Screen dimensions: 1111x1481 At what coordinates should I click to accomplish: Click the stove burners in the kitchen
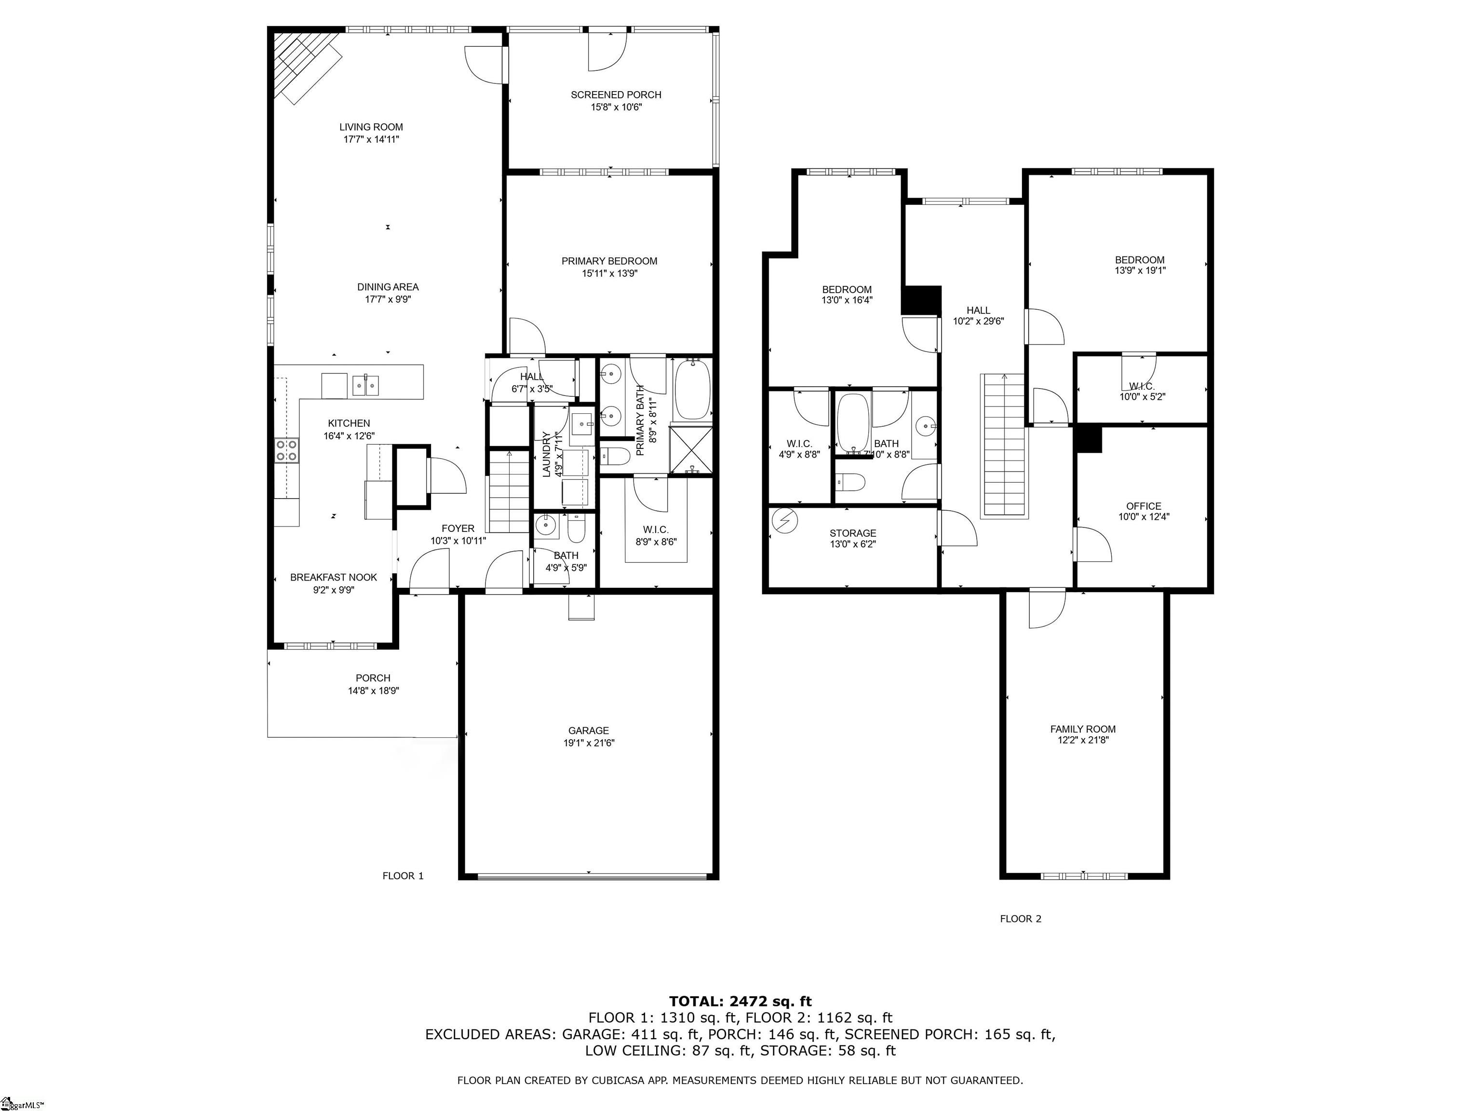pyautogui.click(x=286, y=450)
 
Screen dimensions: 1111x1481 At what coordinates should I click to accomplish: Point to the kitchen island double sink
pyautogui.click(x=365, y=386)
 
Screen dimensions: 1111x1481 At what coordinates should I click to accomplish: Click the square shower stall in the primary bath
pyautogui.click(x=690, y=448)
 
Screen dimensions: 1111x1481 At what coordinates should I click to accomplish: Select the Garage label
pyautogui.click(x=589, y=731)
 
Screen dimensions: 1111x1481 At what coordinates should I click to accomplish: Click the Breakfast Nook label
pyautogui.click(x=334, y=577)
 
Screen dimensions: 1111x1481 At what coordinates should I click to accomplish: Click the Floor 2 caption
pyautogui.click(x=1021, y=919)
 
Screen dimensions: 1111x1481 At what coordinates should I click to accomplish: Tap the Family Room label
pyautogui.click(x=1083, y=729)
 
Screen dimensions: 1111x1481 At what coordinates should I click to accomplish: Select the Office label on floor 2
pyautogui.click(x=1144, y=506)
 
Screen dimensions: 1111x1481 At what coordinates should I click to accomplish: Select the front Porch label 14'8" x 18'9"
pyautogui.click(x=373, y=684)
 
